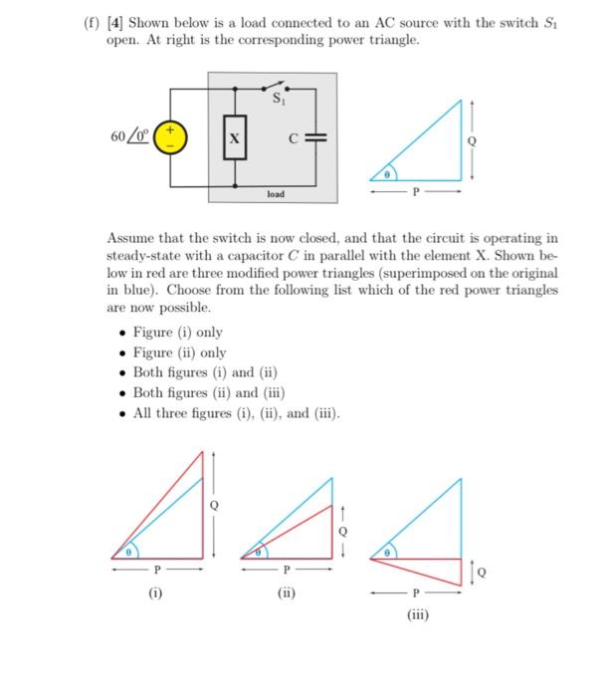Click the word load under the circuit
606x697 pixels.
click(x=276, y=195)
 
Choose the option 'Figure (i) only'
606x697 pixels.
click(x=177, y=333)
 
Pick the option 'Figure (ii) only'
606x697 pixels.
click(x=179, y=352)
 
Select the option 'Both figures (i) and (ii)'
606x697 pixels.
click(x=203, y=372)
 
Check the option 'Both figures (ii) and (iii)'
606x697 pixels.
click(x=207, y=392)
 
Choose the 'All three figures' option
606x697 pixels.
click(x=236, y=412)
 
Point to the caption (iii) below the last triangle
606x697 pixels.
click(x=417, y=614)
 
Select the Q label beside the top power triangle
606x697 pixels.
click(x=488, y=140)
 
